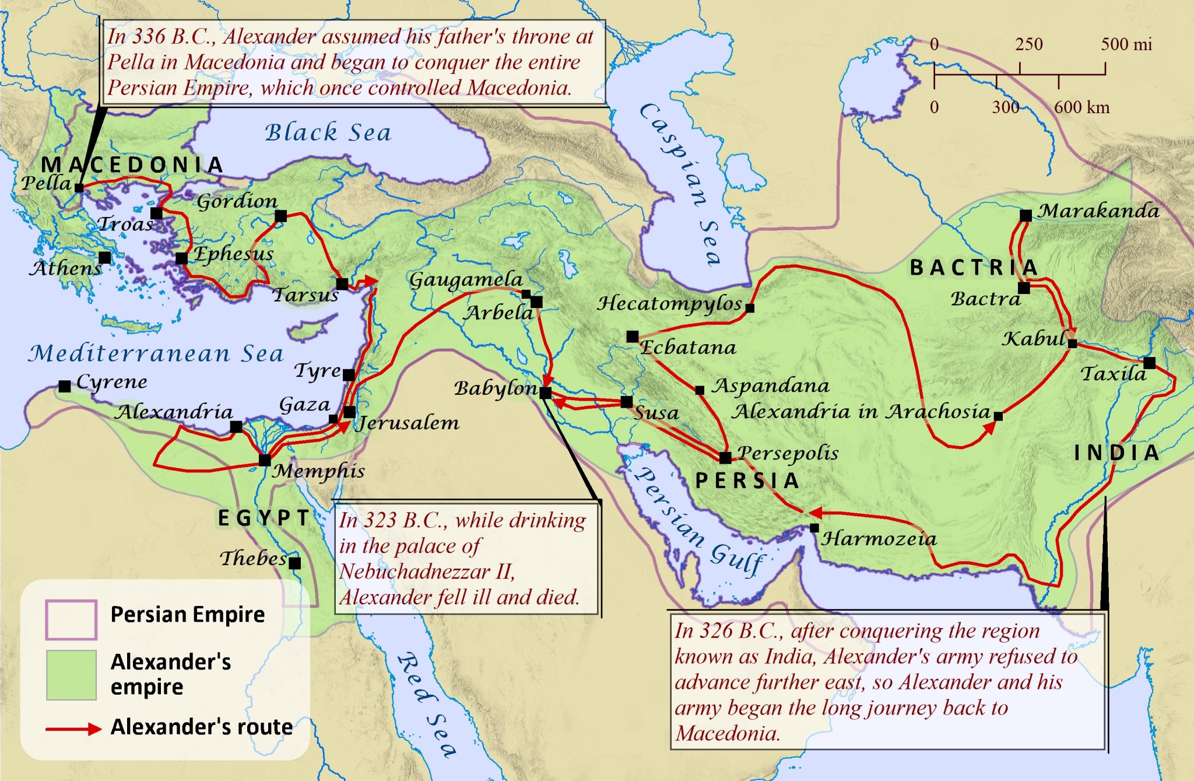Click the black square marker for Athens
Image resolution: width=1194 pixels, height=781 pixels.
[105, 257]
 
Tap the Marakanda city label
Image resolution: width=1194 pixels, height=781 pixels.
[1098, 211]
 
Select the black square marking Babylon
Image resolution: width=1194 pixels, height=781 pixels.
[545, 393]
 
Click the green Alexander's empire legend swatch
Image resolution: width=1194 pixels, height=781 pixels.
[71, 675]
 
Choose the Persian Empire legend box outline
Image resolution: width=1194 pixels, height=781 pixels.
[71, 620]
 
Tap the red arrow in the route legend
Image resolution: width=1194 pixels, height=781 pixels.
[75, 729]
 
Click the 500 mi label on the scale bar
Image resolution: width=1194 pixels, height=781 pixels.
[1126, 44]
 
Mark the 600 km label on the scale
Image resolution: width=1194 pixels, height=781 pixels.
[1081, 107]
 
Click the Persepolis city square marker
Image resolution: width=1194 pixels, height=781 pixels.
[725, 457]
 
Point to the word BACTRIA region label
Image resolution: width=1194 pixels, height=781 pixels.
[974, 268]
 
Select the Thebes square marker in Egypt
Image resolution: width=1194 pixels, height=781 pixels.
[295, 563]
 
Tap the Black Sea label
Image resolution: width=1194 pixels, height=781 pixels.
[328, 133]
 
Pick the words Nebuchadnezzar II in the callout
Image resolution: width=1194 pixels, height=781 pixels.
[427, 572]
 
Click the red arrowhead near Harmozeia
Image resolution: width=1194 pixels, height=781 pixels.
[815, 513]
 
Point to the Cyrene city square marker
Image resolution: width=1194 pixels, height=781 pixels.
[65, 386]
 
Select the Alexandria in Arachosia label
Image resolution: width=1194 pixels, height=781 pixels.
[862, 412]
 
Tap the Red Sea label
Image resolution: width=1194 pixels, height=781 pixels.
[426, 705]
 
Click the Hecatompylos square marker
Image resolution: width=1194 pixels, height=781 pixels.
[750, 308]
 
